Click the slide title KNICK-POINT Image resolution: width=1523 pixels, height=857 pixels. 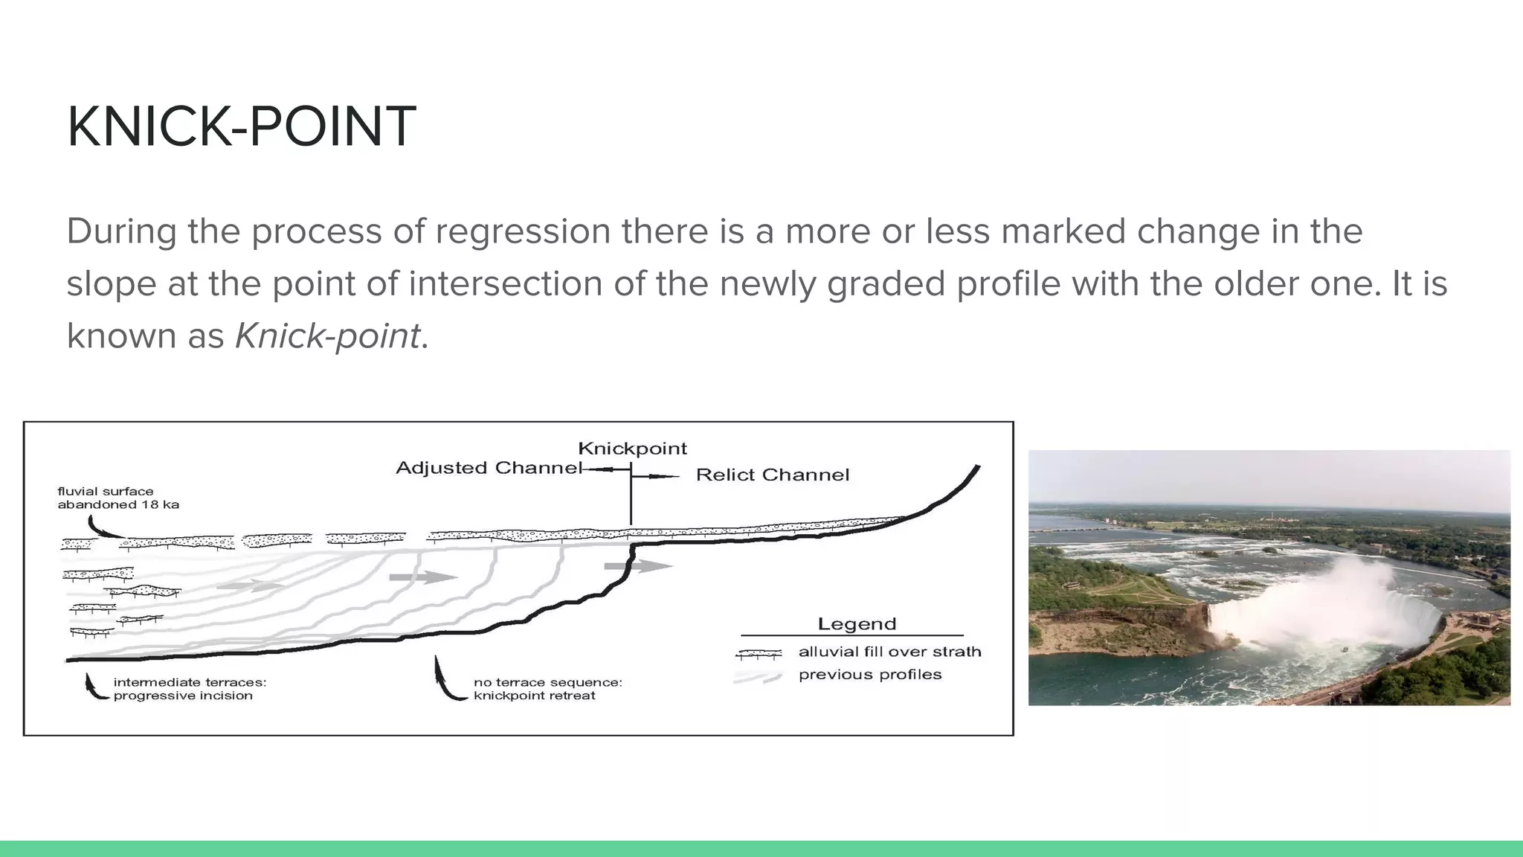point(241,126)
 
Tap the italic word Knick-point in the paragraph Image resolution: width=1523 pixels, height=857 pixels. point(327,336)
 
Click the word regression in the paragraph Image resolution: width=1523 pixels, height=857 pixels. point(523,231)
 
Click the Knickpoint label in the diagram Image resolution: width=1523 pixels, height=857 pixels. point(632,449)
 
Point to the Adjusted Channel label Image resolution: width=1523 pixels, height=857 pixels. point(488,468)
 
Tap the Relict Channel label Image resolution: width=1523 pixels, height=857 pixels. point(772,475)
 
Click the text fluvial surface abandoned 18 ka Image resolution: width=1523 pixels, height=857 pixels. point(117,498)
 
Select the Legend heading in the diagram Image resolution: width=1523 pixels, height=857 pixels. point(857,623)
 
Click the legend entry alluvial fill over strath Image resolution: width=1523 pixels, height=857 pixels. point(889,652)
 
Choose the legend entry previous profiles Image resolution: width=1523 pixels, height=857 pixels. point(869,675)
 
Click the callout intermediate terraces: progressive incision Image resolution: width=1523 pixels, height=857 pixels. point(189,689)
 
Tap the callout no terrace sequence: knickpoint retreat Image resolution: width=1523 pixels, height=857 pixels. point(547,689)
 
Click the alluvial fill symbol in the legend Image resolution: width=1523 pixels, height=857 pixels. point(759,654)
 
